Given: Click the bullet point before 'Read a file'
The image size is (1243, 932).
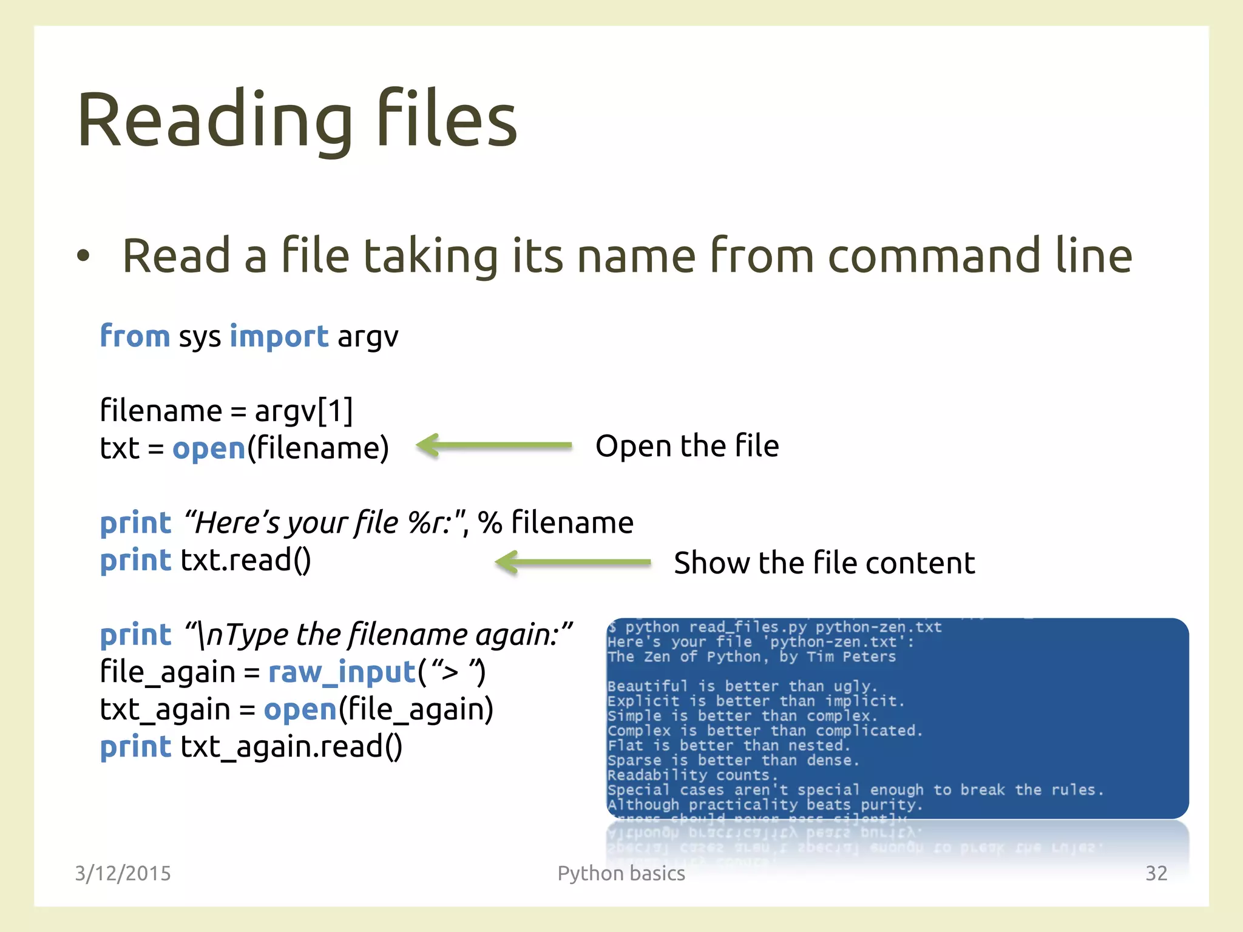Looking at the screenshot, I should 83,256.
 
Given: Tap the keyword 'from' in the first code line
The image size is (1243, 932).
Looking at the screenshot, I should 135,336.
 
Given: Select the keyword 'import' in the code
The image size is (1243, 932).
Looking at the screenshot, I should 279,336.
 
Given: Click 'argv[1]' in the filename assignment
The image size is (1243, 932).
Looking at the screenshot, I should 303,411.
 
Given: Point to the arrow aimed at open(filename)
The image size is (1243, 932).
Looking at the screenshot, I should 494,446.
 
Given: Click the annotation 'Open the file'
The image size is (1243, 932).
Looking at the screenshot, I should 687,446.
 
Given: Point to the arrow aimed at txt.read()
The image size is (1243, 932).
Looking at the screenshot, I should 573,562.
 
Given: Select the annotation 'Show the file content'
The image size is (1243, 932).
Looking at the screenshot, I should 824,563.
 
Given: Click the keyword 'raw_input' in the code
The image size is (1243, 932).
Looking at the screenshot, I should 342,672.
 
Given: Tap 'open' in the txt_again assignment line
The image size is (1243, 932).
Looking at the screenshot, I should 300,709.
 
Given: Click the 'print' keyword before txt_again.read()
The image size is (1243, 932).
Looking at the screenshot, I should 136,747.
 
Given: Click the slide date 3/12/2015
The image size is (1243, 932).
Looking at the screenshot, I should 123,873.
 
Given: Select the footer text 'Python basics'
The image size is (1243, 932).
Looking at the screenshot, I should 621,873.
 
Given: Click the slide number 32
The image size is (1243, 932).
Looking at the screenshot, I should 1156,873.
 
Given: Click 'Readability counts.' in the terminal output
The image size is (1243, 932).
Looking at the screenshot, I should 692,775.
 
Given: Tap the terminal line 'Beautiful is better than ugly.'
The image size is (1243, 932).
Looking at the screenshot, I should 742,686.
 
